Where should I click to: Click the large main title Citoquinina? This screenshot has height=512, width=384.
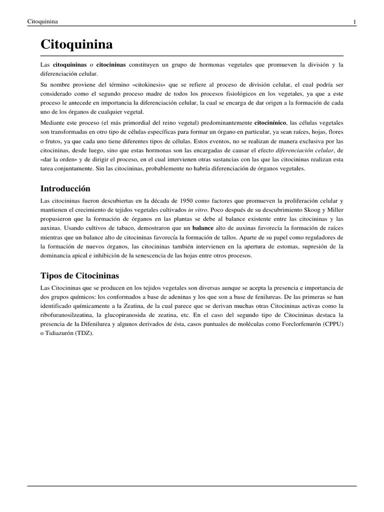(76, 45)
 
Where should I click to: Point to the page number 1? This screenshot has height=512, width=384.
(354, 21)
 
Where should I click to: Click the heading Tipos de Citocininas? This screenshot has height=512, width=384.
(79, 275)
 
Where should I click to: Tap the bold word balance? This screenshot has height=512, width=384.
(202, 227)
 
